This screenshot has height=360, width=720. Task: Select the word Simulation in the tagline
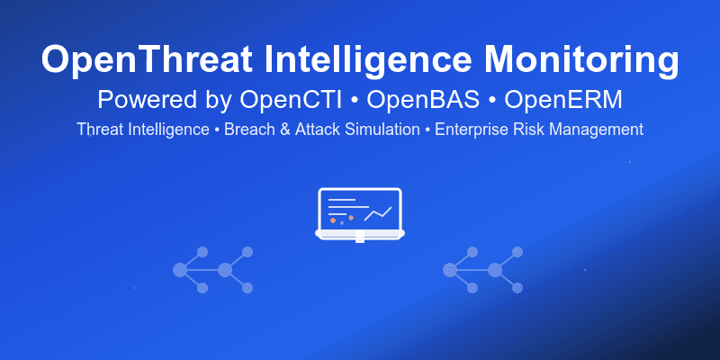point(385,130)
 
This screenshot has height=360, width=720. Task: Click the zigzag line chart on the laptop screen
point(378,213)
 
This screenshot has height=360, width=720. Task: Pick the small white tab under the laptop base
point(360,238)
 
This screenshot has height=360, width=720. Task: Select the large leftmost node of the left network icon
point(180,269)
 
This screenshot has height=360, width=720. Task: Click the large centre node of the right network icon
point(494,269)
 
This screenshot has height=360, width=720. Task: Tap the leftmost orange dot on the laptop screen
point(333,220)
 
